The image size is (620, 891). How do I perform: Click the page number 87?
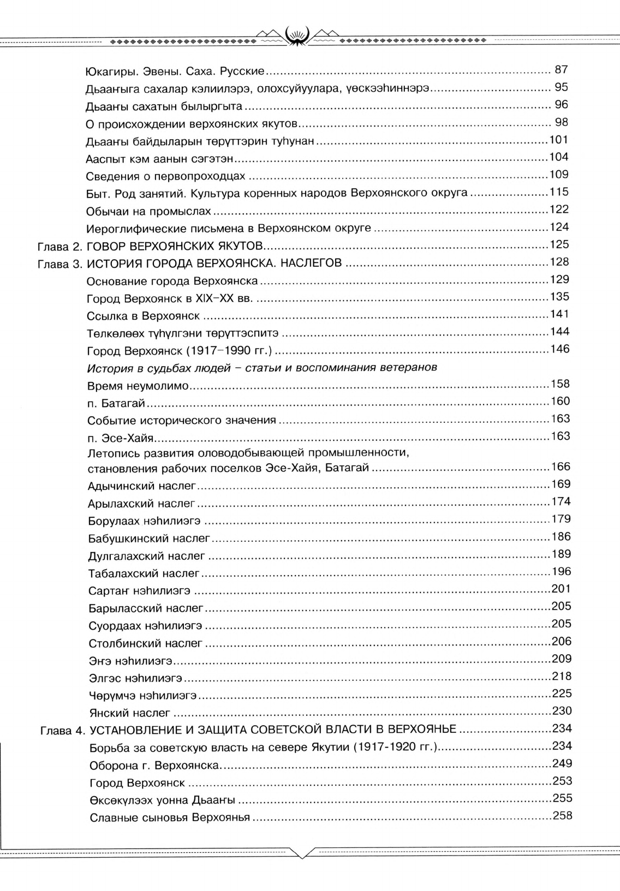click(561, 69)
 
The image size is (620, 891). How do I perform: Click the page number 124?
click(558, 226)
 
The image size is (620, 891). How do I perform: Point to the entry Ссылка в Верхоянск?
click(144, 316)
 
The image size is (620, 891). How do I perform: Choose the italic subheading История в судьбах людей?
click(262, 367)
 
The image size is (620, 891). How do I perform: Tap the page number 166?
click(559, 467)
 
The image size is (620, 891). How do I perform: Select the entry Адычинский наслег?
click(142, 485)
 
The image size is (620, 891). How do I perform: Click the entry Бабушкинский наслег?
click(149, 539)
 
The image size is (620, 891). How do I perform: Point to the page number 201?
click(561, 589)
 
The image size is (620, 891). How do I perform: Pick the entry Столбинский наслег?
click(146, 643)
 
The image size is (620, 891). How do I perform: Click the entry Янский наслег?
click(130, 713)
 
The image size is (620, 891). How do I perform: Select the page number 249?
click(562, 763)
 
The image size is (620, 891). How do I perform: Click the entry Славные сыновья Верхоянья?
click(170, 817)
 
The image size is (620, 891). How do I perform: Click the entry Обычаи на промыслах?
click(148, 211)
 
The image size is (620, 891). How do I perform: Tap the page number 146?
click(559, 349)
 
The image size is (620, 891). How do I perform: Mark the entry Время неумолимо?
click(138, 386)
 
